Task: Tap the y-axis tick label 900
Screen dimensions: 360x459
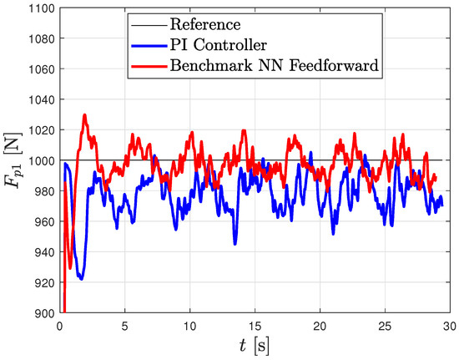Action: tap(43, 312)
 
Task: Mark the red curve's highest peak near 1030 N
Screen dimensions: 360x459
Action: tap(84, 115)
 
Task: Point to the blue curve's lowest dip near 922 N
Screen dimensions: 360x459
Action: tap(81, 279)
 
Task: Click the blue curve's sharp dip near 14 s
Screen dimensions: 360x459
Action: tap(235, 244)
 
